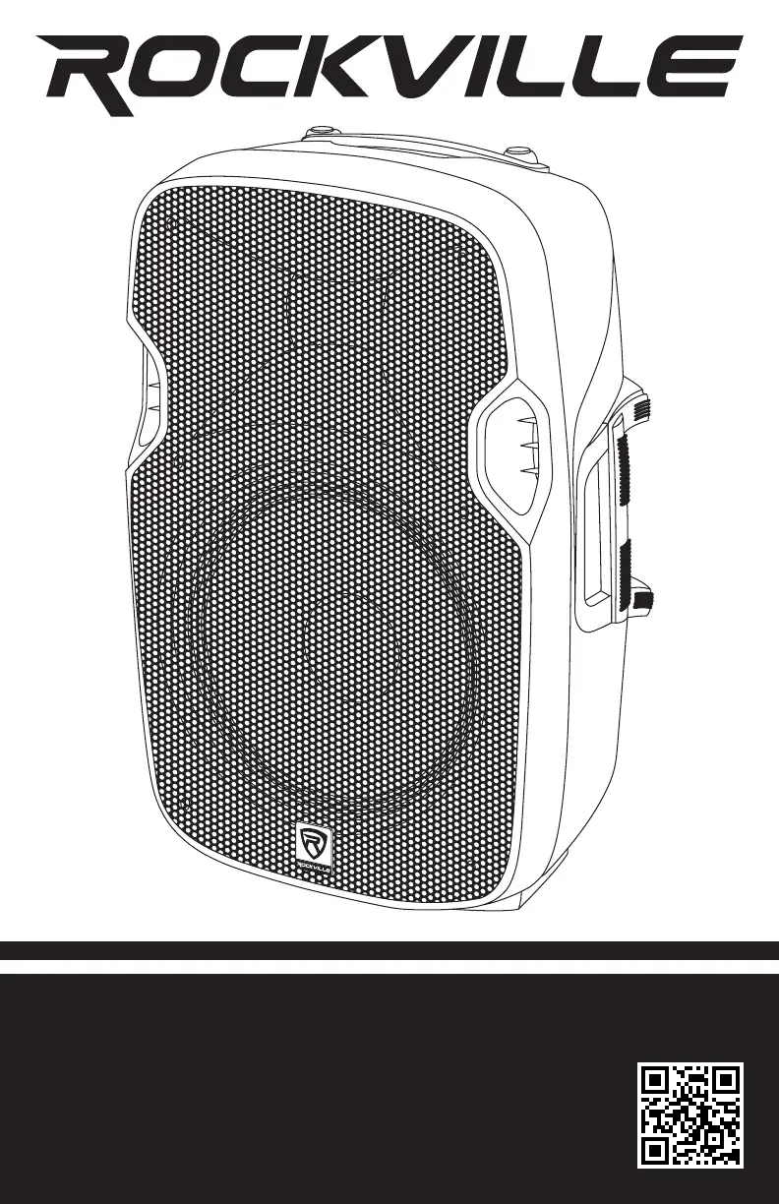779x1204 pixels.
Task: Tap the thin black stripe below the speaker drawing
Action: coord(389,950)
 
